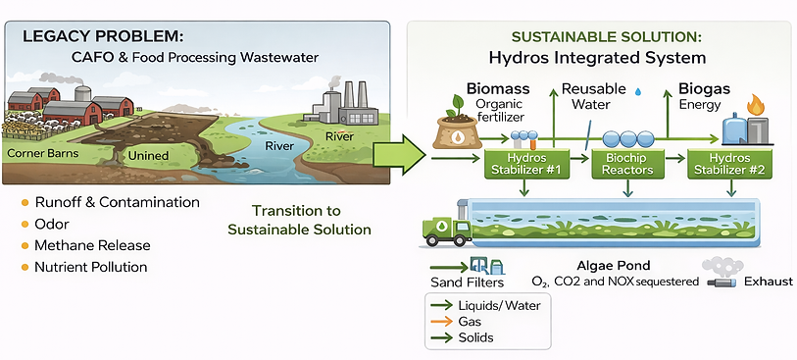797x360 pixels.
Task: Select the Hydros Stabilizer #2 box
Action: tap(728, 163)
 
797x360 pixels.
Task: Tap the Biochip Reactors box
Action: tap(623, 163)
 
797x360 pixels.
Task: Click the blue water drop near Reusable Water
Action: tap(639, 89)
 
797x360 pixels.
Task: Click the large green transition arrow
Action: tap(401, 155)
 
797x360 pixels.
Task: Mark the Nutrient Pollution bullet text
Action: tap(91, 267)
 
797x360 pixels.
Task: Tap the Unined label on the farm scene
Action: tap(148, 156)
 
